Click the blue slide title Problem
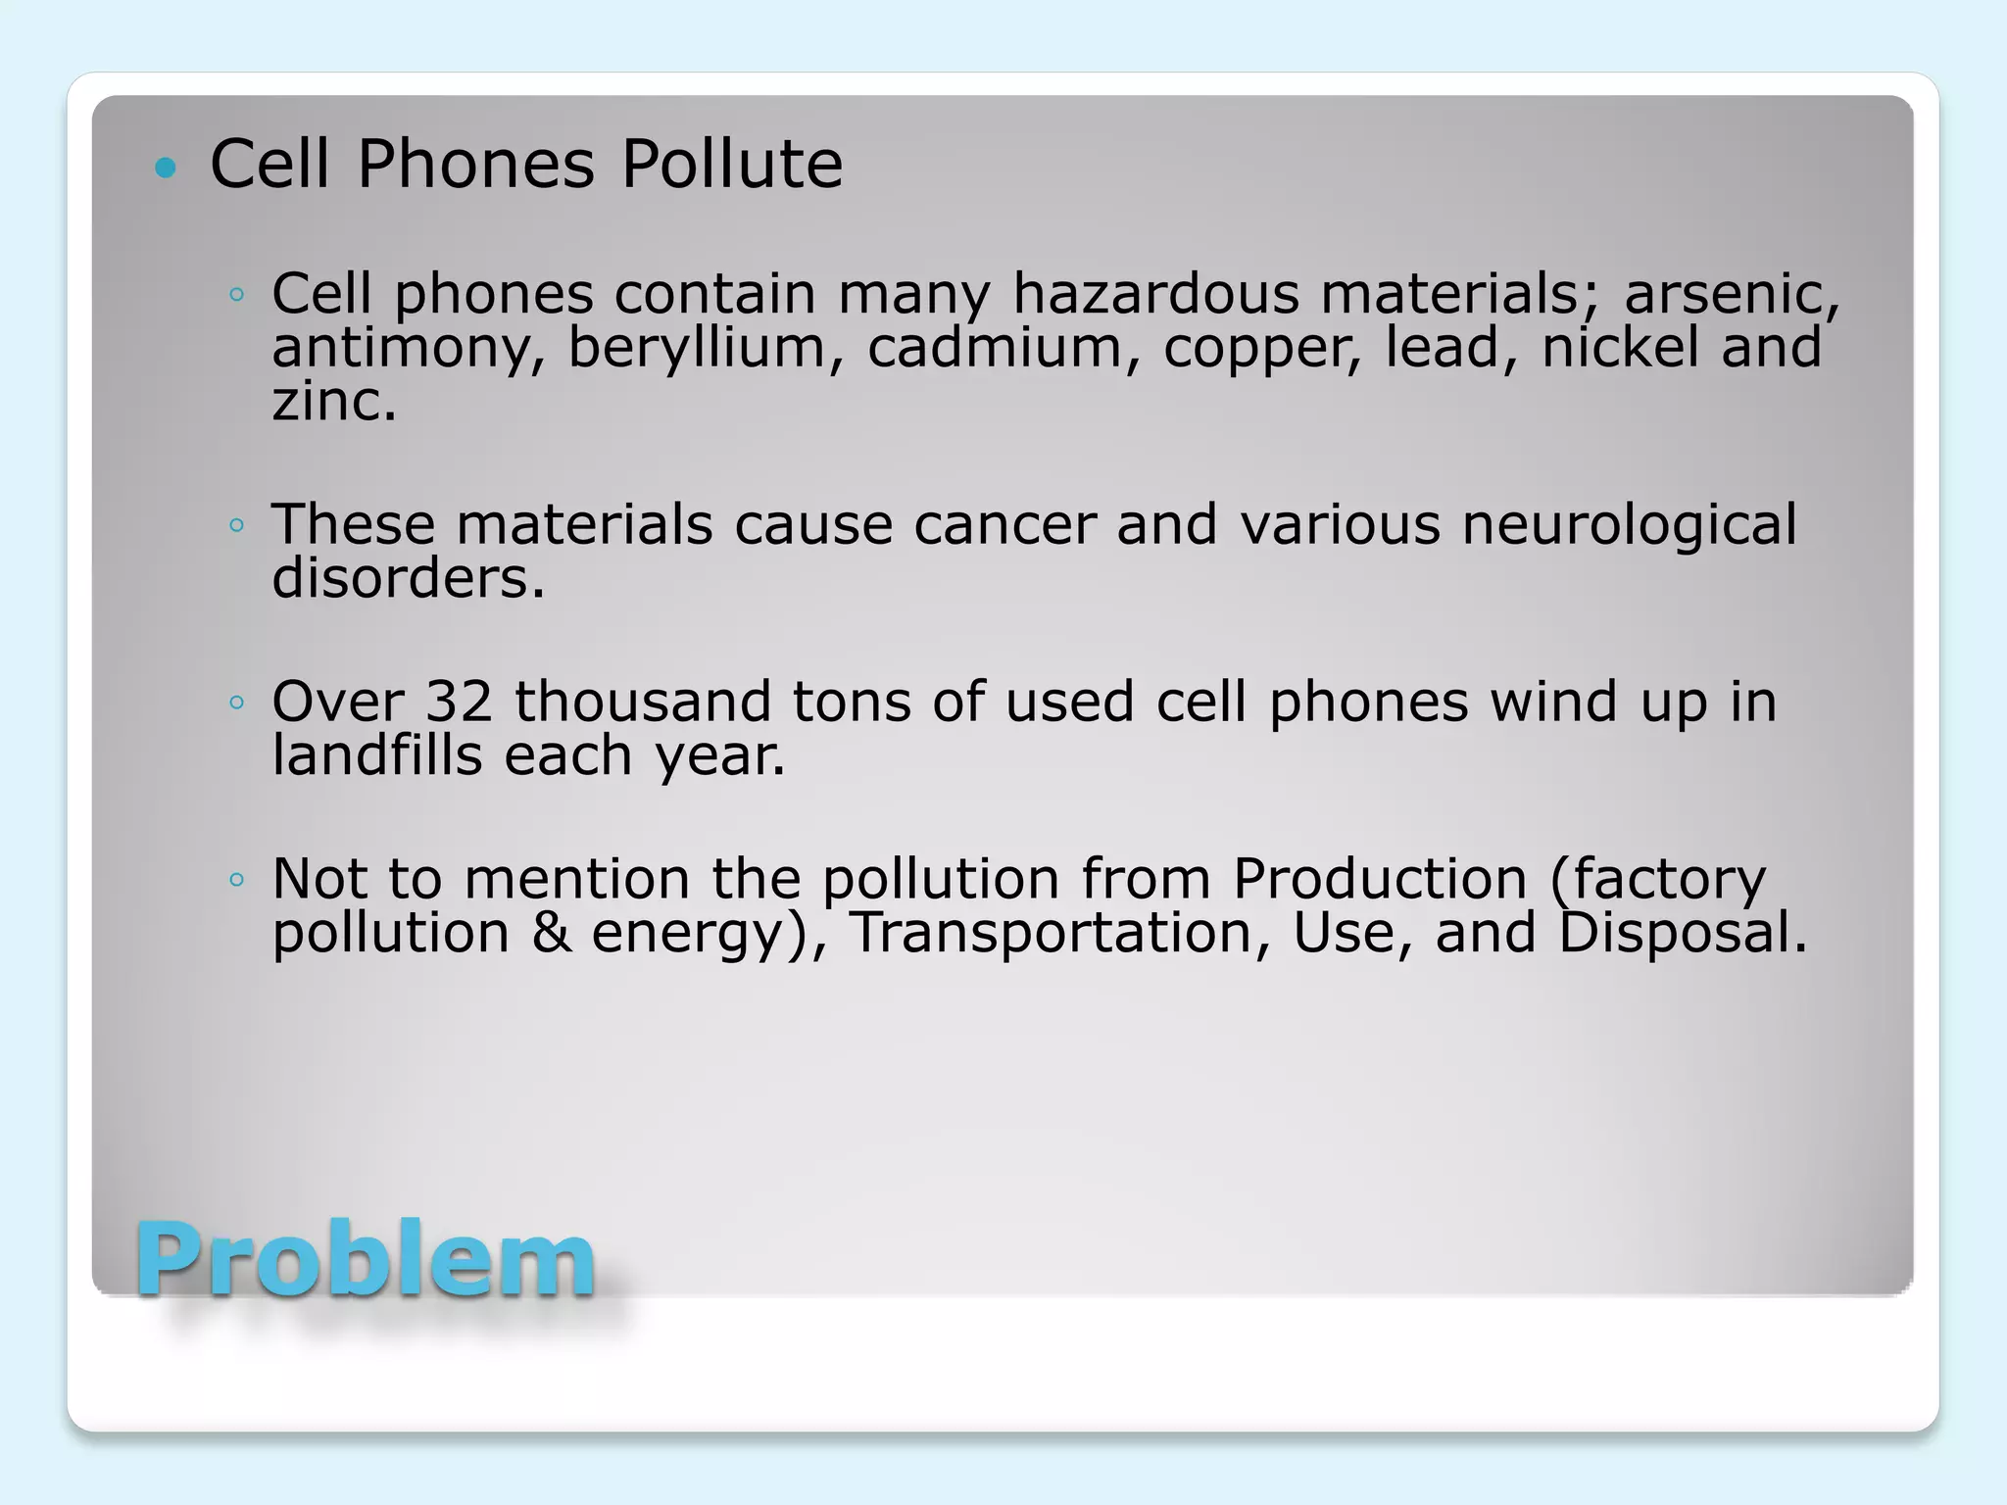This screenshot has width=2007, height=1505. coord(365,1260)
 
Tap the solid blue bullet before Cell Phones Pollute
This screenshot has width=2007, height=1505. coord(167,168)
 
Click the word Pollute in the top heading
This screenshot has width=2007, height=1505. coord(731,164)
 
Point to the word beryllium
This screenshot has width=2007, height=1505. coord(697,348)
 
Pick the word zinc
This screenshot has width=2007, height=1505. coord(333,402)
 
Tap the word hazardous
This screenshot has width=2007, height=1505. coord(1155,294)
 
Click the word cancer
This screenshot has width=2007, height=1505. coord(1003,524)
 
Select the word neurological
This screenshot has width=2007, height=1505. coord(1629,524)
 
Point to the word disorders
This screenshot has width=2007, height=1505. coord(408,578)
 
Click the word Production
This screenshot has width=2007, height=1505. coord(1380,878)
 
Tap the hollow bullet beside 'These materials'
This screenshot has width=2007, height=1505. coord(236,526)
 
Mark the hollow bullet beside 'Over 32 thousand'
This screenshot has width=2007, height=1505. coord(236,703)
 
